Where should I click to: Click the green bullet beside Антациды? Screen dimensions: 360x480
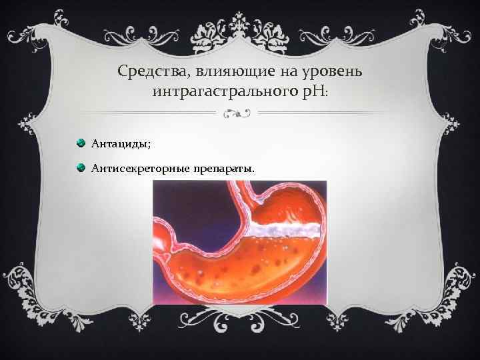click(x=81, y=143)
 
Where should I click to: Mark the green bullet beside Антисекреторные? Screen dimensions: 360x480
click(x=81, y=167)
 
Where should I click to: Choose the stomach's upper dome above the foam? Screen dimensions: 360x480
click(x=287, y=207)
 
